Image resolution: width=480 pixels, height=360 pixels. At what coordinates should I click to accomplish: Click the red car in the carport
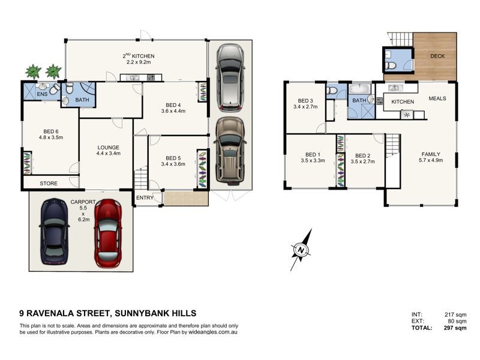click(108, 233)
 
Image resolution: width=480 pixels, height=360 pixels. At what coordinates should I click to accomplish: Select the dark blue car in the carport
click(54, 232)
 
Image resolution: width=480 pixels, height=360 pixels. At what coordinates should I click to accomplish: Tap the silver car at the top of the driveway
click(230, 78)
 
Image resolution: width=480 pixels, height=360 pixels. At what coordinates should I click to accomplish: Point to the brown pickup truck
click(230, 151)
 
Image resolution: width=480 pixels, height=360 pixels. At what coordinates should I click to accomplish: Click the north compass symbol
click(301, 250)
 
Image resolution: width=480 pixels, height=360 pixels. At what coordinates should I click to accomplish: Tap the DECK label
click(437, 56)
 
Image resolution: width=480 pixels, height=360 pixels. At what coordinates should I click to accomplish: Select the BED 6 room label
click(51, 131)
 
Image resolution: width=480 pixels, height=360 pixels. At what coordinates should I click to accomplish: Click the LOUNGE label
click(109, 147)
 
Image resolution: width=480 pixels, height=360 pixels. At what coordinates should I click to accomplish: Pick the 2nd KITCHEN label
click(139, 56)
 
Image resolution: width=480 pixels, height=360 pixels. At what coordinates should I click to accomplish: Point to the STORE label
click(49, 184)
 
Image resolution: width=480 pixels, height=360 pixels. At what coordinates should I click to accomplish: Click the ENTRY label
click(145, 198)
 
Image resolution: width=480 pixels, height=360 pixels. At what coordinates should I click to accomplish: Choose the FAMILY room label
click(431, 154)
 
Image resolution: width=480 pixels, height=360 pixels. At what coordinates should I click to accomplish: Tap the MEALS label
click(437, 98)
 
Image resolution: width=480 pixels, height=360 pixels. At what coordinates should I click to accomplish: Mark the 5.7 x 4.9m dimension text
click(431, 160)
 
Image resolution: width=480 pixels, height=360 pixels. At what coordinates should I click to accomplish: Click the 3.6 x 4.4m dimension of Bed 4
click(173, 111)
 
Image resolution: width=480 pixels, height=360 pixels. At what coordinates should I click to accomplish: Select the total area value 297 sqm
click(455, 328)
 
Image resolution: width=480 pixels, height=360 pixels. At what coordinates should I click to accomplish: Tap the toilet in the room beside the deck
click(391, 65)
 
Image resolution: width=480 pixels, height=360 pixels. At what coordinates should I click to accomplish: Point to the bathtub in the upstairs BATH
click(360, 89)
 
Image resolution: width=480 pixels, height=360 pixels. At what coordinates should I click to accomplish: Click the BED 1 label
click(313, 155)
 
